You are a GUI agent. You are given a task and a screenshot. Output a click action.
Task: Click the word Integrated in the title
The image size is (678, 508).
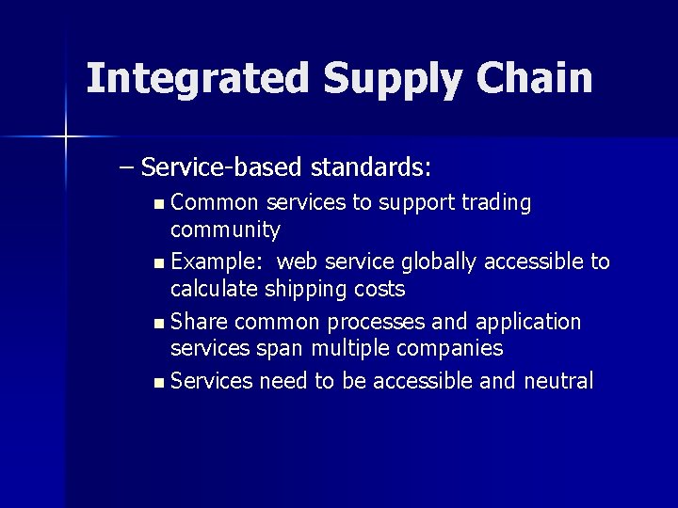coord(198,78)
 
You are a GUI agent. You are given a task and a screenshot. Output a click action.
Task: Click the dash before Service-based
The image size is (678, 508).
coord(127,168)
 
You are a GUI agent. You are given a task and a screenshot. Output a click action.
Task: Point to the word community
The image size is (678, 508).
coord(225,230)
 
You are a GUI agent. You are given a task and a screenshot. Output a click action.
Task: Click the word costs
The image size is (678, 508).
coord(379,289)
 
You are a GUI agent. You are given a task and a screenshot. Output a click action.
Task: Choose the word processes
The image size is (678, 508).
coord(376,322)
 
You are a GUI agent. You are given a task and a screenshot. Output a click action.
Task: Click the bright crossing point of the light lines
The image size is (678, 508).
coord(65,137)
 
